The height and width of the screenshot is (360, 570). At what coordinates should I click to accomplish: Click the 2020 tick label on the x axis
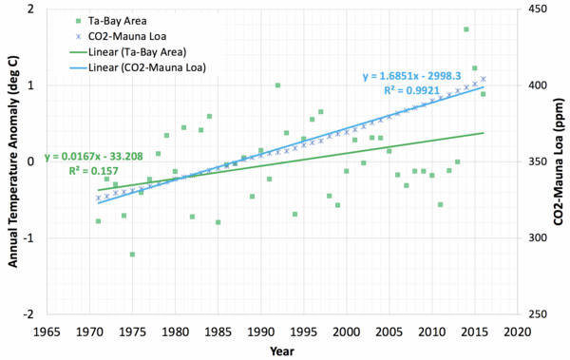(518, 332)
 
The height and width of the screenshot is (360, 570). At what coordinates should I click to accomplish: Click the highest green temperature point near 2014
(466, 29)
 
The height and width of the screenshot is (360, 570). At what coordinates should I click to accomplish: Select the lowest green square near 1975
(132, 255)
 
